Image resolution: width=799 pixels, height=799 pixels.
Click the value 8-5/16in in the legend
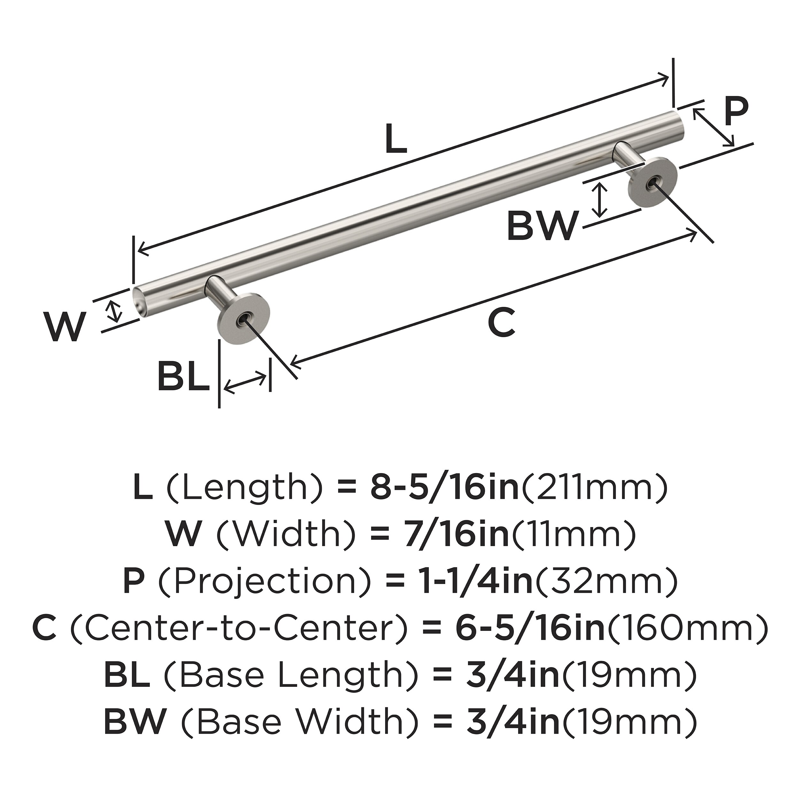click(445, 488)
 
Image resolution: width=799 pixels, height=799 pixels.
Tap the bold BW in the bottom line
click(135, 720)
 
